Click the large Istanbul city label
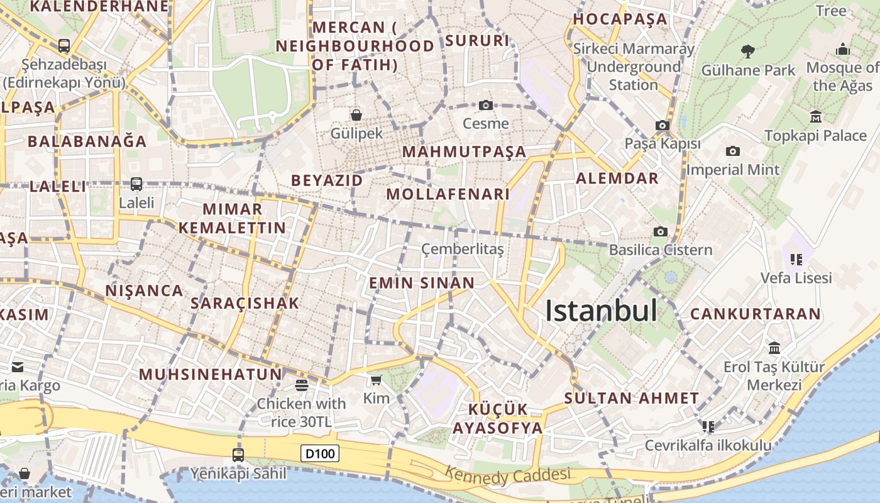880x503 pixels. [x=601, y=311]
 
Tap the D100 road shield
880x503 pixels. [x=320, y=453]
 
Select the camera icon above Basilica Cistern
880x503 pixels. [x=660, y=231]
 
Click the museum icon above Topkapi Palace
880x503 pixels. [x=816, y=116]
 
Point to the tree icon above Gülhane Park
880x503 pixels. [x=748, y=51]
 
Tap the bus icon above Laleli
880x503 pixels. [x=136, y=184]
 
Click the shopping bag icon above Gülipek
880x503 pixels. [x=356, y=115]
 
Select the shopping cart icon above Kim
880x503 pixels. [x=376, y=380]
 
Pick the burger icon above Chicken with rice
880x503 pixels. [x=302, y=385]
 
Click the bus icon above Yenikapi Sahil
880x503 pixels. [x=238, y=455]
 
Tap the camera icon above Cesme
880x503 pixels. [x=485, y=105]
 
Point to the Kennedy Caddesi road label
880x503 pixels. [x=507, y=475]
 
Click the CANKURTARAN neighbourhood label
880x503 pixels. [x=756, y=314]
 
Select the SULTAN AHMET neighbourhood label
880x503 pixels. [x=632, y=398]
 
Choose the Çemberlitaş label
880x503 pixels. [x=463, y=249]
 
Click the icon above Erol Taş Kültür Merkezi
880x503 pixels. [x=774, y=348]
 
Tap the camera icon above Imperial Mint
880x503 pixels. [x=732, y=151]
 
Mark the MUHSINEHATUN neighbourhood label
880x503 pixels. [x=211, y=374]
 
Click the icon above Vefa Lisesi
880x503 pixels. [x=796, y=259]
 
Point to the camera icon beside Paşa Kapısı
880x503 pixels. [x=662, y=126]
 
